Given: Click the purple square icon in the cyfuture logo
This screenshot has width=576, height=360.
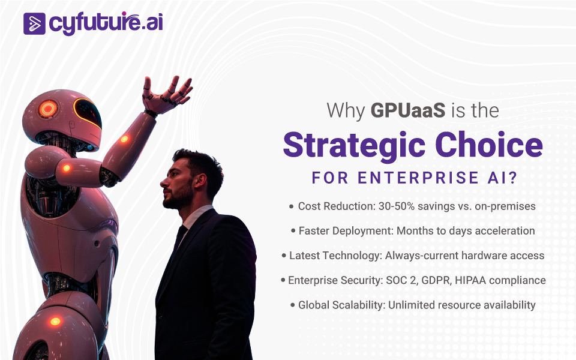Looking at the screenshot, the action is [34, 24].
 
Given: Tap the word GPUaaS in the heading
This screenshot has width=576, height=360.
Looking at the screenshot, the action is [408, 110].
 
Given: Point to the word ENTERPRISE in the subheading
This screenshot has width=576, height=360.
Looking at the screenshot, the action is [418, 178].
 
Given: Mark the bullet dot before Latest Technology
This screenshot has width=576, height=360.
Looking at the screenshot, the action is [284, 256].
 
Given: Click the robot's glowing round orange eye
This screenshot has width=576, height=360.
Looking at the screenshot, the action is [48, 109].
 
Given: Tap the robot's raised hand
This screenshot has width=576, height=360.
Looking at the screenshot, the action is [167, 95].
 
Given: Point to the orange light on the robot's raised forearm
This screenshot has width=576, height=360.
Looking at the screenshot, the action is [125, 139].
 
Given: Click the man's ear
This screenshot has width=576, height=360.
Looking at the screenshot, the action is [200, 181].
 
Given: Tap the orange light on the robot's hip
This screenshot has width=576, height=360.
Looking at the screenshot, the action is [55, 322].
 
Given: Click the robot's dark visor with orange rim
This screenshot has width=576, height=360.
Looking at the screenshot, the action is [88, 112].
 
